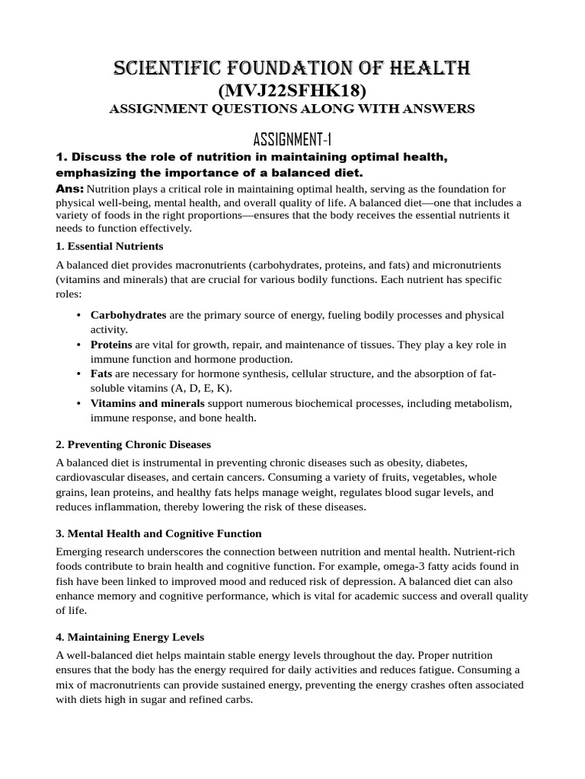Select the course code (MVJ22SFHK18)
[292, 91]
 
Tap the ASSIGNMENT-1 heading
[292, 138]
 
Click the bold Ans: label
[70, 188]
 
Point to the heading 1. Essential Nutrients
[110, 246]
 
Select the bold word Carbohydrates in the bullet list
[128, 314]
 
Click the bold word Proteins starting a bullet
[111, 345]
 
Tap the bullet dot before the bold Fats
[79, 374]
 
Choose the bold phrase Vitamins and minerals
[147, 402]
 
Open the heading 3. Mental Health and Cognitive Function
[158, 533]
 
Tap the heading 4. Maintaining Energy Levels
[129, 637]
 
